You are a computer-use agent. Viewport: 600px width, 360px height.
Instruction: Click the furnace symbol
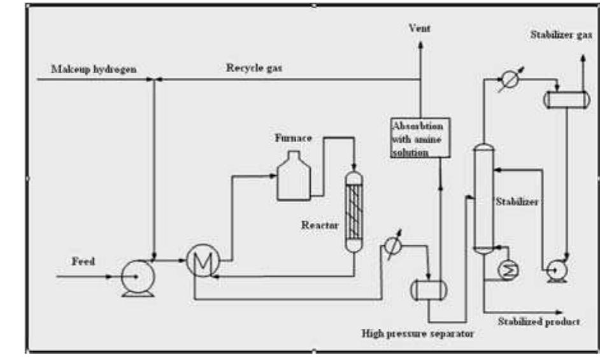tap(294, 176)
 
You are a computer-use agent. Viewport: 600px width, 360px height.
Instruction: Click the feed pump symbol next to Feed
tap(134, 277)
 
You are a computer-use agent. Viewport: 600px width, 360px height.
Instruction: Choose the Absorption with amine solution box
tap(420, 137)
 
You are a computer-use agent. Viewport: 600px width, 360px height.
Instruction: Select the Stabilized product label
tap(539, 322)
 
